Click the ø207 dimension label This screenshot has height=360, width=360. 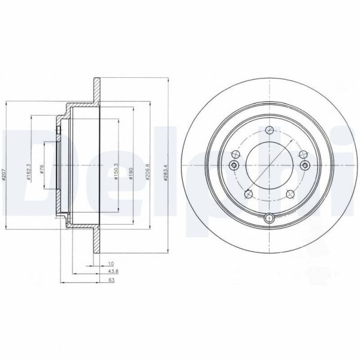pyautogui.click(x=5, y=174)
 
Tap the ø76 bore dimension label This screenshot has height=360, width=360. pyautogui.click(x=42, y=170)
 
